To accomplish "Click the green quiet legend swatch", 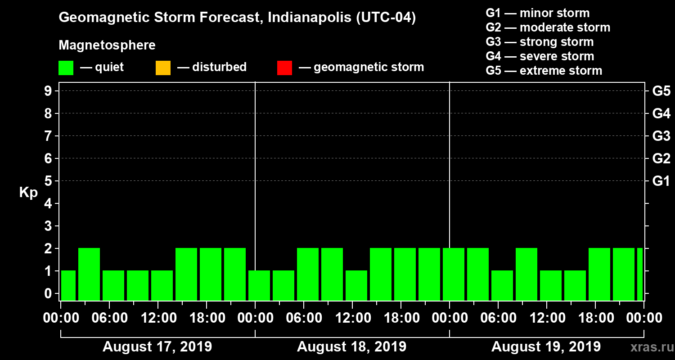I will click(66, 68).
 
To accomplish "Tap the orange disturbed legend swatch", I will click(163, 68).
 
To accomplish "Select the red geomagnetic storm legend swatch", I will click(284, 68).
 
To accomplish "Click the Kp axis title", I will click(28, 193).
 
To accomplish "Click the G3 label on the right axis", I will click(661, 136).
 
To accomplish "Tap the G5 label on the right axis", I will click(661, 91).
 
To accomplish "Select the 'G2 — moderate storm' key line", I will click(548, 27).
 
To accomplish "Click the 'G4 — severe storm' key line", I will click(540, 56).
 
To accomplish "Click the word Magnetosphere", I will click(107, 45).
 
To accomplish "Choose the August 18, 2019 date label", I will click(351, 347).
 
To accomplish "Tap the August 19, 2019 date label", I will click(546, 347).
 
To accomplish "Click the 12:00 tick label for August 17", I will click(158, 318).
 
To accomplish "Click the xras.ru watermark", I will click(648, 347).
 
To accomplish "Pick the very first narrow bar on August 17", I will click(68, 285).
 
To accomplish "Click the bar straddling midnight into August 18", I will click(259, 285).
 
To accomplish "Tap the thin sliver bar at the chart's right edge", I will click(639, 274).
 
